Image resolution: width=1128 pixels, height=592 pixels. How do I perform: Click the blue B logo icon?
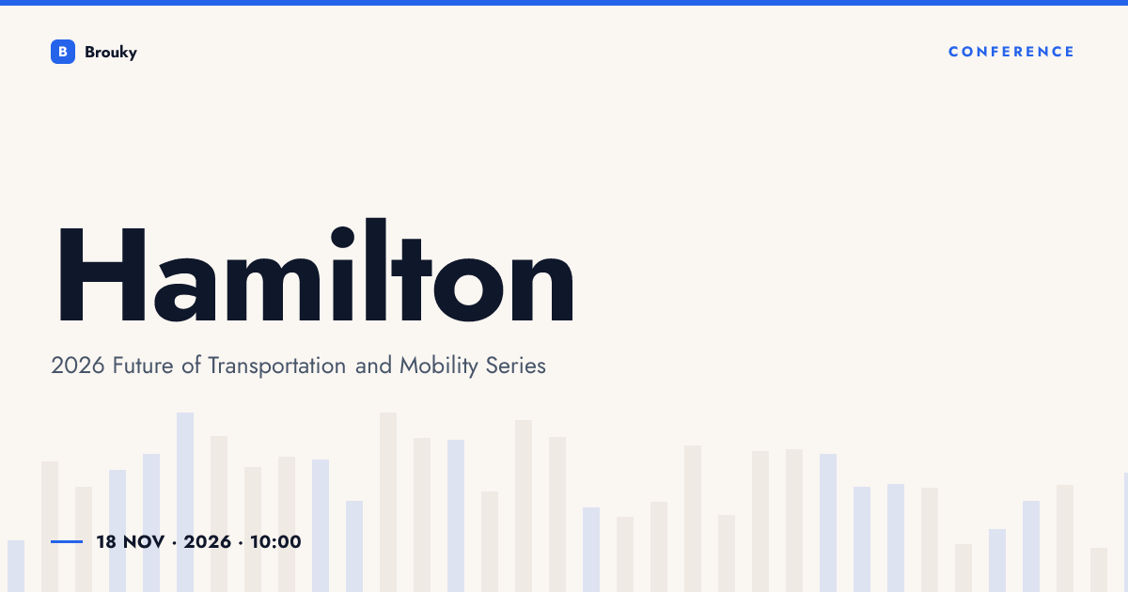[63, 52]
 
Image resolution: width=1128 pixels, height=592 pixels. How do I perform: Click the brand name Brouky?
[111, 53]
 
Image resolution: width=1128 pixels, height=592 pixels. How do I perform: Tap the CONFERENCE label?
[1011, 52]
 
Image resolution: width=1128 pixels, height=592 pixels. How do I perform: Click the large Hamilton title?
[316, 271]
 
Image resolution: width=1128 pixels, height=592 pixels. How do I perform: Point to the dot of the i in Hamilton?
[342, 237]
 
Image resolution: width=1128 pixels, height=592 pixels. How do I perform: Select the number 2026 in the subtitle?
[77, 366]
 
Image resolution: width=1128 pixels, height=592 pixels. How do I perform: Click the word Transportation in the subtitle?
[277, 366]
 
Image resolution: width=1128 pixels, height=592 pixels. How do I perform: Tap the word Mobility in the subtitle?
[439, 366]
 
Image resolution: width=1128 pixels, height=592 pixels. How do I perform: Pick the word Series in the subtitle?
[516, 366]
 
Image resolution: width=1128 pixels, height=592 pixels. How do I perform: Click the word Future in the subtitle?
[143, 366]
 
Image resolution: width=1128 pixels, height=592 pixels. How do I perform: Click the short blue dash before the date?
[67, 541]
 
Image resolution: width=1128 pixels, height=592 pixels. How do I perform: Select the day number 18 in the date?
[106, 542]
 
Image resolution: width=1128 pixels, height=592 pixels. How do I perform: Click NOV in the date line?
[144, 542]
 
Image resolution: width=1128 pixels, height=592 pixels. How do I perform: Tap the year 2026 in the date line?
[208, 542]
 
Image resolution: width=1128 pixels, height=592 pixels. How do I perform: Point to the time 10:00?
[276, 542]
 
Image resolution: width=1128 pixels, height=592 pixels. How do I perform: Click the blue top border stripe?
[564, 3]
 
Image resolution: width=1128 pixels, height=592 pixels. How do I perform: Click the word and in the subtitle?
[373, 366]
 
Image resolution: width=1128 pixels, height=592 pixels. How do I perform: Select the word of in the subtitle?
[192, 366]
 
